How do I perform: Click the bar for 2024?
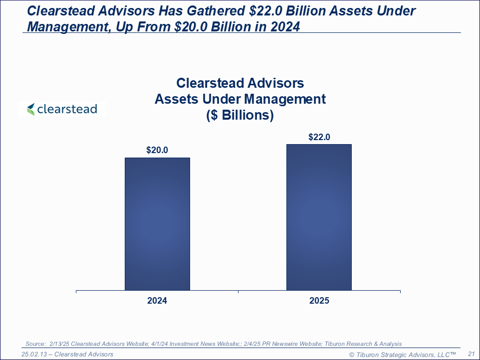pos(157,224)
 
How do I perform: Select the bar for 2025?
pos(319,217)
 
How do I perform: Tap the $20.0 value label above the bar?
pos(157,150)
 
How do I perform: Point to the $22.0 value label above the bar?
pos(319,137)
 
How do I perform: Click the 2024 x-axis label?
pos(157,301)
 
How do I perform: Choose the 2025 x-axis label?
pos(319,301)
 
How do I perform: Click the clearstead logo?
pos(62,109)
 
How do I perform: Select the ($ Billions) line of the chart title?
pos(240,115)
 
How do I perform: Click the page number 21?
pos(471,354)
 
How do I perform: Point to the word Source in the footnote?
pos(35,344)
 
